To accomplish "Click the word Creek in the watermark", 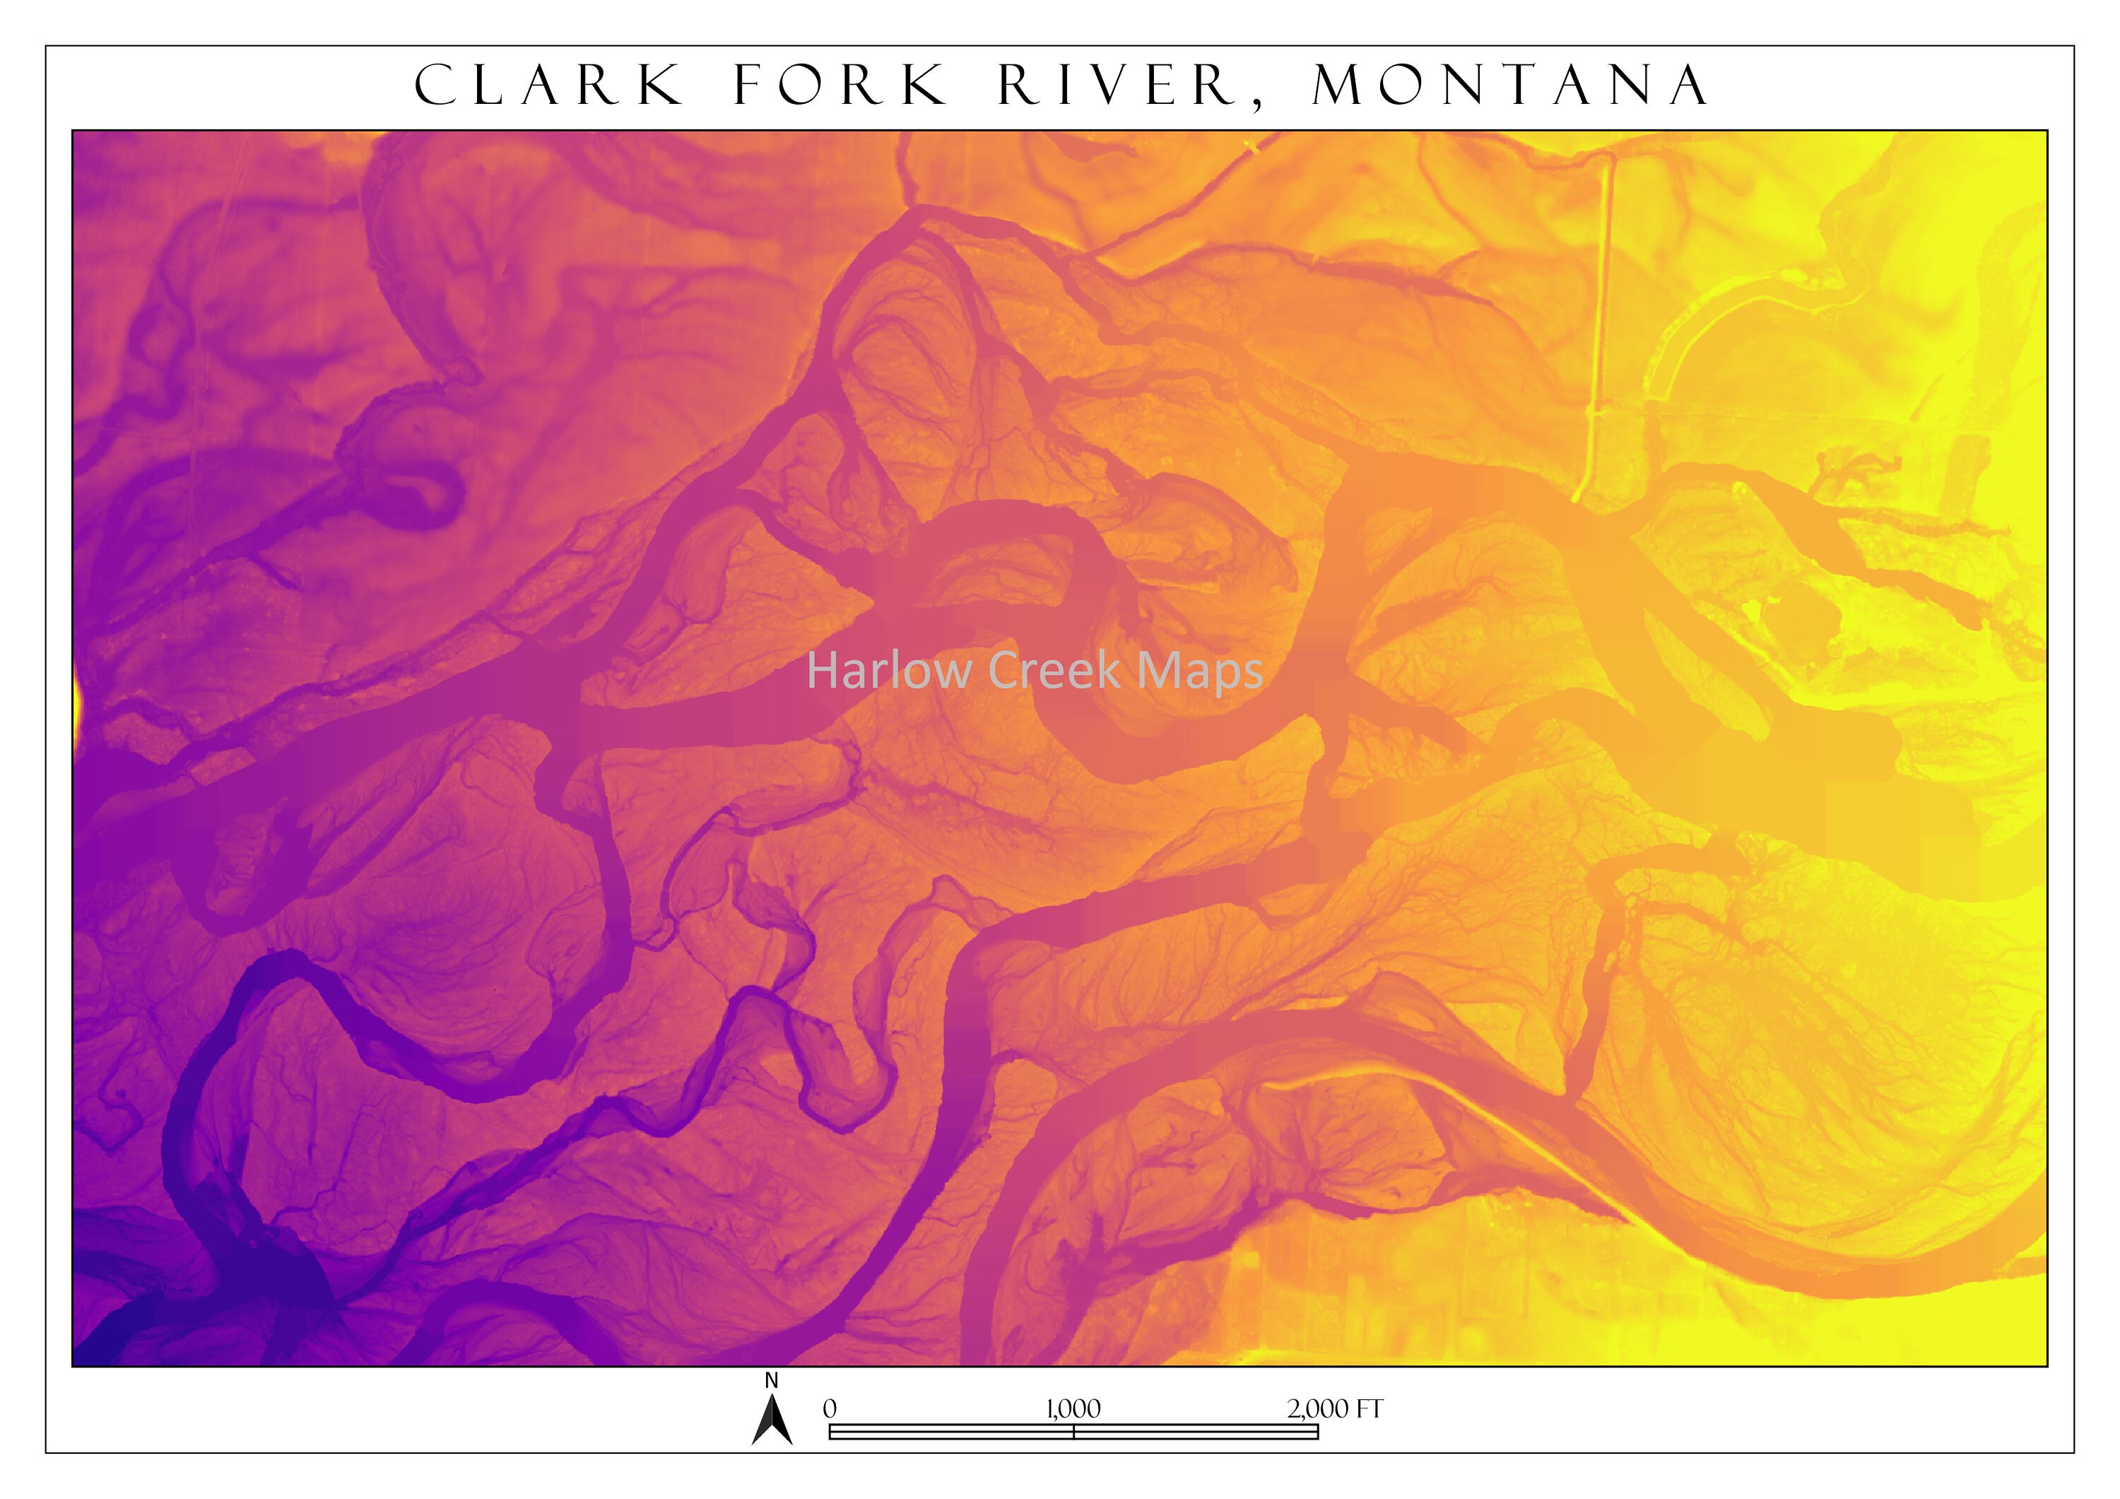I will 1054,671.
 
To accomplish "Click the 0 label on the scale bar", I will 829,1409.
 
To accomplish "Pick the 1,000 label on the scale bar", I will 1073,1409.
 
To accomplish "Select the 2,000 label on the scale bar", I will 1317,1409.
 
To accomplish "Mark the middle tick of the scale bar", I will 1074,1432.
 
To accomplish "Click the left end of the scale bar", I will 830,1432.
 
